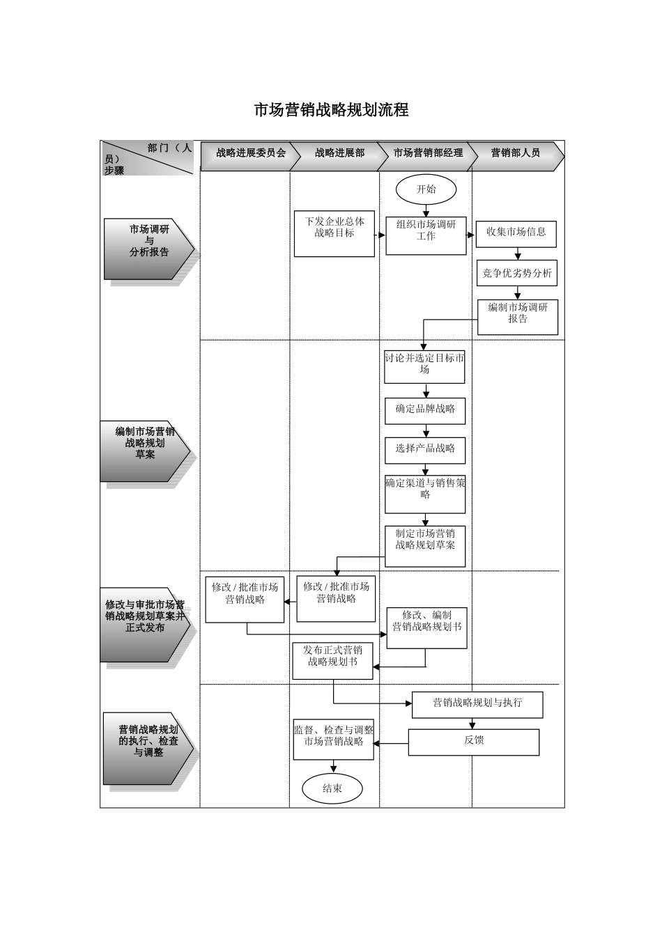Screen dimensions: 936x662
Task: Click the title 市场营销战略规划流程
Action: (x=330, y=110)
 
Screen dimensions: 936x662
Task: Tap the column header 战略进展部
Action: (x=339, y=153)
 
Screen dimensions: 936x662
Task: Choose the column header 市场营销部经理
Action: (x=428, y=153)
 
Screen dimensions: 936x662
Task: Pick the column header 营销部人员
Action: (x=516, y=153)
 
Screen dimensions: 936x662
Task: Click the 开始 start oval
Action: (x=426, y=189)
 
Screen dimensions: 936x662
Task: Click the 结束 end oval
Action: (x=332, y=789)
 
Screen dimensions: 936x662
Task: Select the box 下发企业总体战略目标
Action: (x=334, y=233)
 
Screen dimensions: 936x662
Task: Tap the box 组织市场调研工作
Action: (x=426, y=234)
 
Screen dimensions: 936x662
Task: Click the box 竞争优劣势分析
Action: (x=517, y=274)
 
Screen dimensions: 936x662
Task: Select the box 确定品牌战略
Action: (x=425, y=410)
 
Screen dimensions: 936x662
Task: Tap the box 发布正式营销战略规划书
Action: (x=332, y=660)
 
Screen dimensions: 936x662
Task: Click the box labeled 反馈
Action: (x=474, y=742)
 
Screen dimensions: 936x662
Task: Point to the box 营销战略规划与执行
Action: (x=477, y=704)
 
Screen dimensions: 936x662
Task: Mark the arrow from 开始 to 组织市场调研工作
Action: (x=426, y=210)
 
